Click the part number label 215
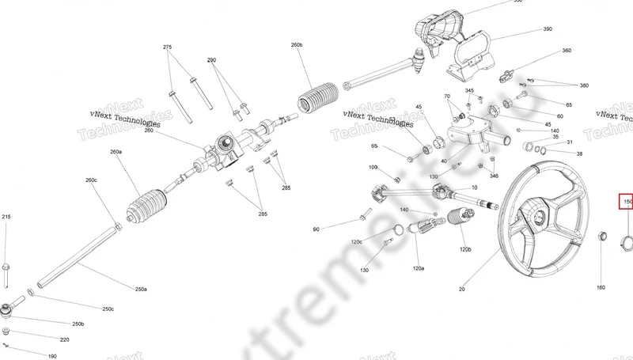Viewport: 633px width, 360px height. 6,217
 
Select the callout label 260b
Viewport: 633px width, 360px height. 297,45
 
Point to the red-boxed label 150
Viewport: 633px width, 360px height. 627,202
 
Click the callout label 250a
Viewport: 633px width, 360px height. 141,290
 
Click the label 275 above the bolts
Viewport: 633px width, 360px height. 168,47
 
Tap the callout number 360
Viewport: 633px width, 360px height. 567,51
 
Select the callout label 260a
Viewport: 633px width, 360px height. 116,151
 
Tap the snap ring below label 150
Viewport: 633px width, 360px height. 624,241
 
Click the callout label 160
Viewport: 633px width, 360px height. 600,287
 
